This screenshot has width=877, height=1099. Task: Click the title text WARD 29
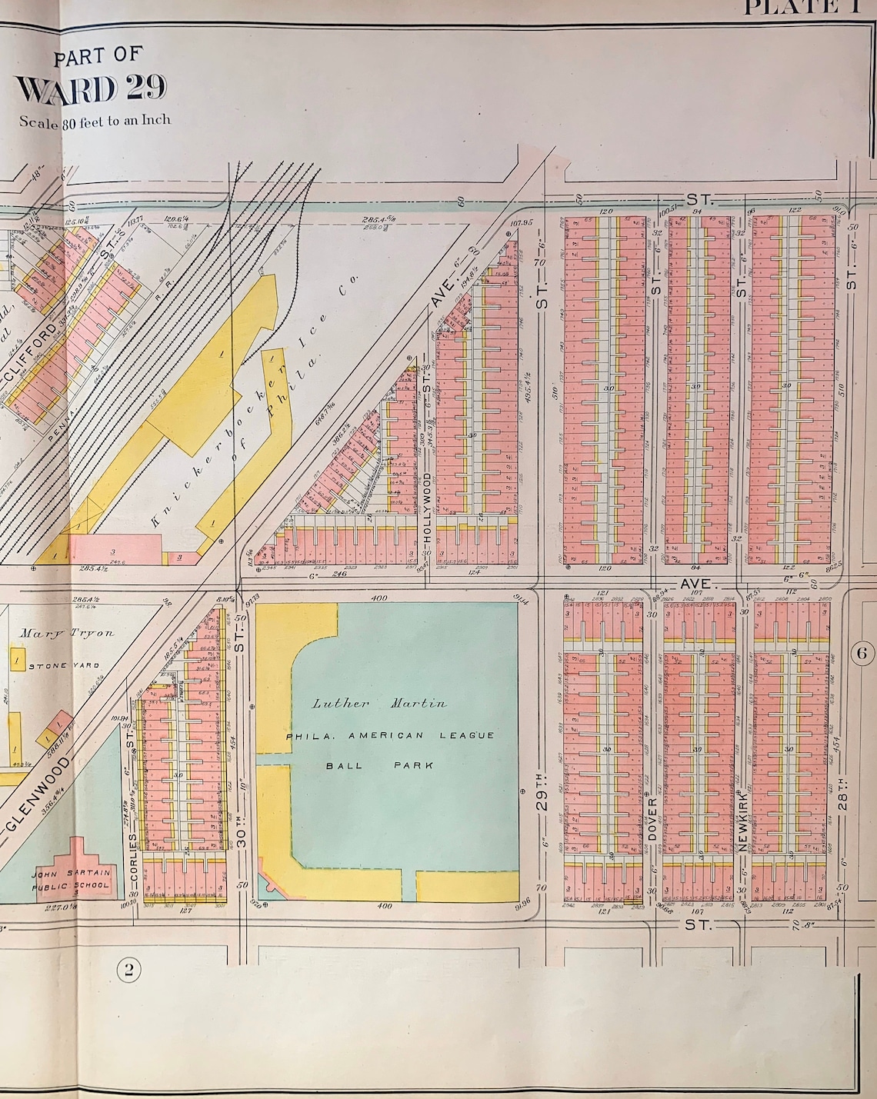[x=91, y=89]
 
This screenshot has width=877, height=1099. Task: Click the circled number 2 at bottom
[x=128, y=970]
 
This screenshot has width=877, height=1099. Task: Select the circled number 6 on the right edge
[x=862, y=654]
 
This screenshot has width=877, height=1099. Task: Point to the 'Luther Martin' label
[x=379, y=703]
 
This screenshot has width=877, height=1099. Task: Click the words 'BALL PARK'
[x=379, y=765]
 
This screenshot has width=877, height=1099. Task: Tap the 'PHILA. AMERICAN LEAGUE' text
[x=390, y=735]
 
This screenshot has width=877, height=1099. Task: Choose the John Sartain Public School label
[x=71, y=879]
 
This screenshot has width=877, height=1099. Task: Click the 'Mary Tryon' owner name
[x=67, y=633]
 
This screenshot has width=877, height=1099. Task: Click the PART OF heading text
[x=98, y=56]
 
